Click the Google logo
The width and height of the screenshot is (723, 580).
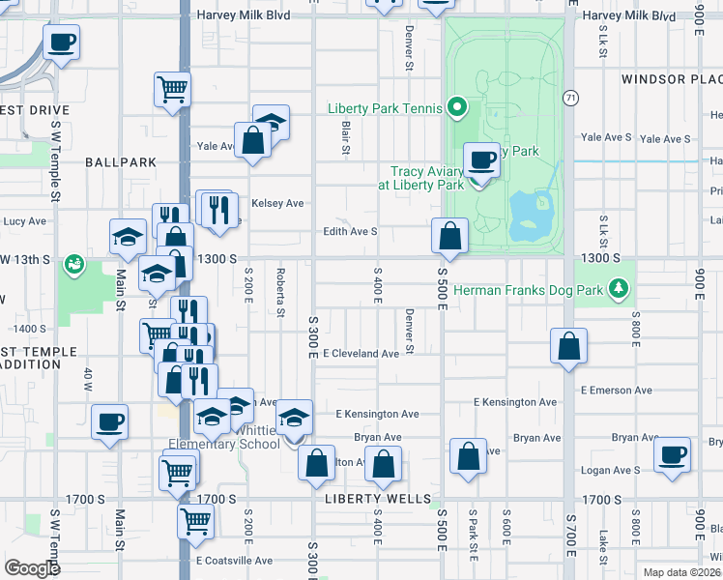click(32, 568)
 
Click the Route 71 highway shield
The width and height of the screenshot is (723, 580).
click(570, 98)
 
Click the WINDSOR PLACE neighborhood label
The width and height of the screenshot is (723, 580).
click(671, 79)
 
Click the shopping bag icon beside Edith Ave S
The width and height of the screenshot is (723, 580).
click(449, 235)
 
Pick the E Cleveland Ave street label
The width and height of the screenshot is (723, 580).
click(361, 354)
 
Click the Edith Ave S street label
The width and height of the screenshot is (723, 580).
click(350, 231)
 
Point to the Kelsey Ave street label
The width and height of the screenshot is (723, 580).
click(277, 203)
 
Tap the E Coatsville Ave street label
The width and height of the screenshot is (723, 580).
click(233, 560)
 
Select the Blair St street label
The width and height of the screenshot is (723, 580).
click(344, 128)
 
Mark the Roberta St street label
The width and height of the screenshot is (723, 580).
click(280, 292)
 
